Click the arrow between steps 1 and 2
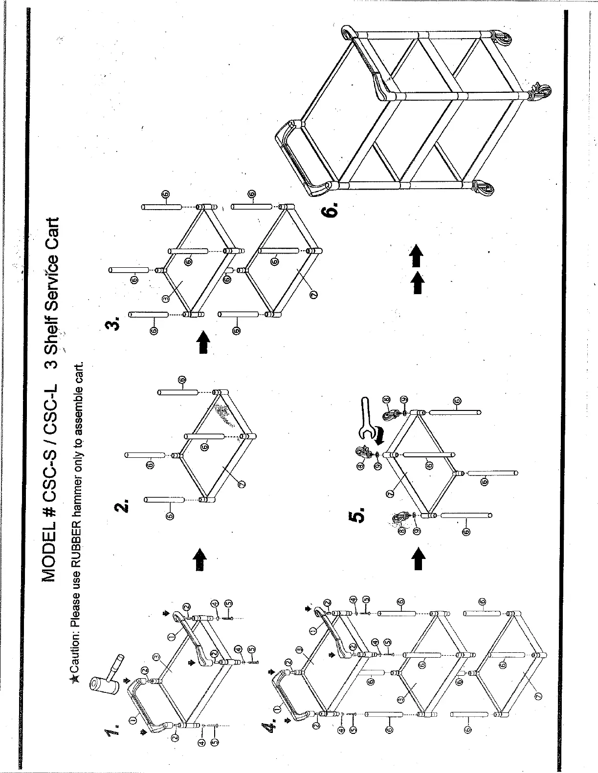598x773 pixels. (x=200, y=559)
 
